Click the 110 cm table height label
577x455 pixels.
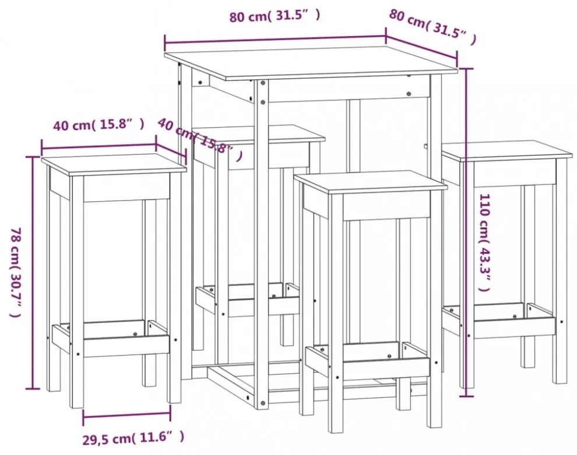[485, 243]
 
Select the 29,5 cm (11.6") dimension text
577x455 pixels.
[133, 439]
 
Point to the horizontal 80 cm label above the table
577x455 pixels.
[275, 16]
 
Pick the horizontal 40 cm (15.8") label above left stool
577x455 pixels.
[98, 125]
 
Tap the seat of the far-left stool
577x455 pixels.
[114, 164]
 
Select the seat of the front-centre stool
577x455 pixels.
[371, 183]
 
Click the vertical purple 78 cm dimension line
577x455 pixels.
[33, 272]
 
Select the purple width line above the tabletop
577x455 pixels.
[275, 40]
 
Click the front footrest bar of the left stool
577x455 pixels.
[126, 346]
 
